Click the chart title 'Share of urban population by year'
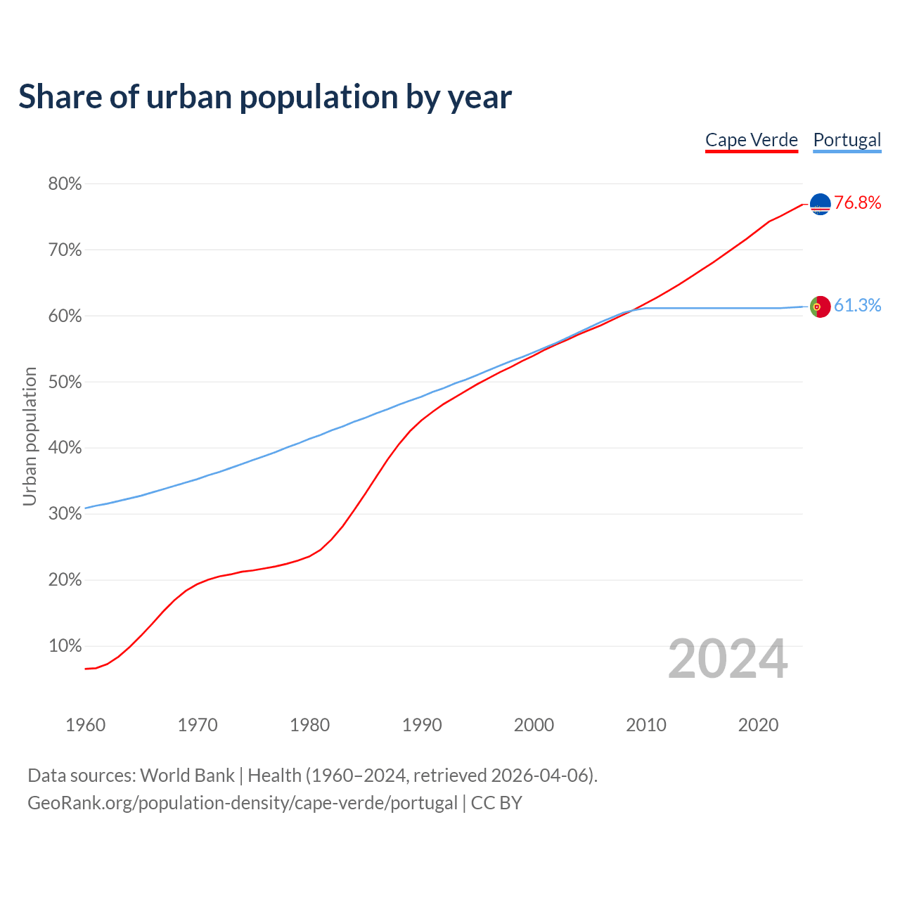[265, 96]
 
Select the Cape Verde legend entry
[752, 140]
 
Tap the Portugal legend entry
[847, 140]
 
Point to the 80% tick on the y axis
[65, 184]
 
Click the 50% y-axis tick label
[65, 382]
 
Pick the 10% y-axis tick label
[65, 646]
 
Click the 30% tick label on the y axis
[65, 514]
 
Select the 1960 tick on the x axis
[85, 725]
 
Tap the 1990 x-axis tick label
[422, 725]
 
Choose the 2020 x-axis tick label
[758, 725]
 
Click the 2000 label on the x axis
[534, 725]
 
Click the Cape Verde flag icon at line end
[820, 204]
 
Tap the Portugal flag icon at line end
[820, 307]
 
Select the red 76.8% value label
[857, 203]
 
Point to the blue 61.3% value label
[857, 305]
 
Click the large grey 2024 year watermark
[728, 660]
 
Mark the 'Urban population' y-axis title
[30, 436]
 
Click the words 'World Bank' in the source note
[187, 776]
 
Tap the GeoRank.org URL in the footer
[243, 803]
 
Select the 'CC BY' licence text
[496, 803]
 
